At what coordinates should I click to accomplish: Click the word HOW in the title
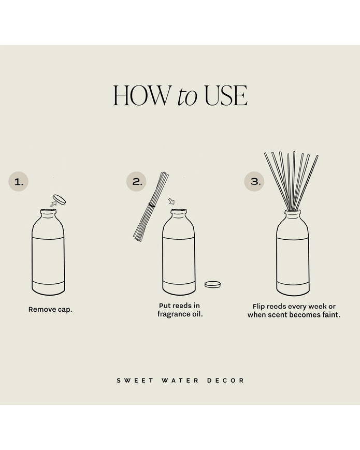(x=141, y=96)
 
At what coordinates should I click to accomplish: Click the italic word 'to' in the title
(x=186, y=97)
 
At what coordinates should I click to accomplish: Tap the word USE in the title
(x=225, y=96)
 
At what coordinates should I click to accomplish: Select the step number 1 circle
(x=19, y=182)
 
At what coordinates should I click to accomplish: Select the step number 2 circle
(x=137, y=182)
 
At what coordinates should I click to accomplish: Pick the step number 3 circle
(x=254, y=182)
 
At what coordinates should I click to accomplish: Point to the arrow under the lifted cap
(x=52, y=204)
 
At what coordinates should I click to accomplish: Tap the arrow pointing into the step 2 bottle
(x=172, y=201)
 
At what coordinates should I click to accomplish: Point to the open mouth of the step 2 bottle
(x=179, y=210)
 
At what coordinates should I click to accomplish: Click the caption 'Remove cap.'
(x=50, y=310)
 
